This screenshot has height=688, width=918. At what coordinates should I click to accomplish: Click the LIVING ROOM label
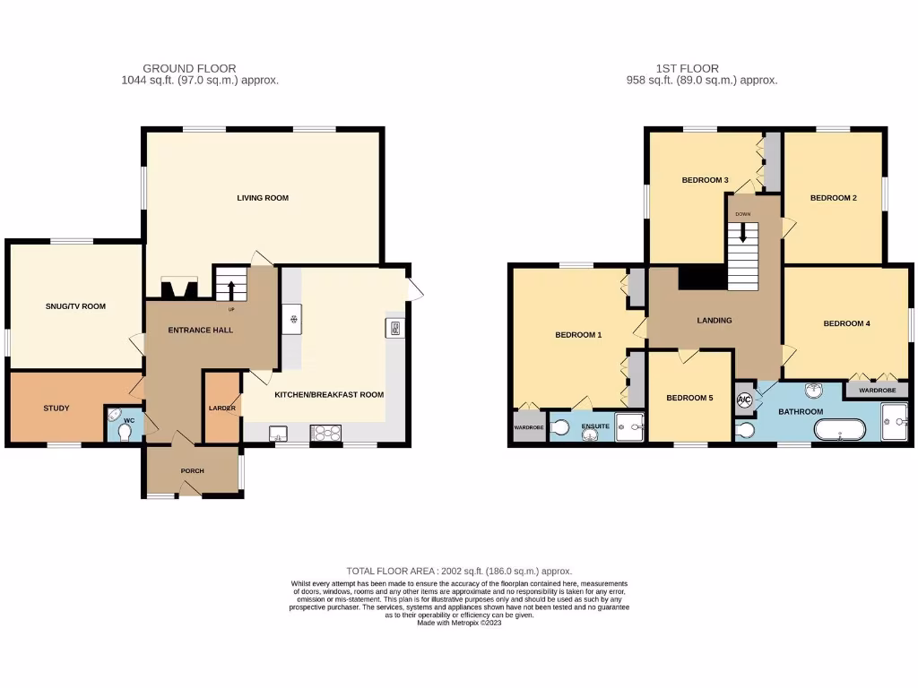[x=263, y=198]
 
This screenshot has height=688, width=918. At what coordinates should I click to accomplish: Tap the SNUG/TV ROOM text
[x=75, y=306]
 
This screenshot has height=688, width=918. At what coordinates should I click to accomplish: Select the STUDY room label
[x=56, y=408]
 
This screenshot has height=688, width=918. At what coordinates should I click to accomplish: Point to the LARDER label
[x=221, y=408]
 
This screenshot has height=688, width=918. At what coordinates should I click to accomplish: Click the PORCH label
[x=193, y=470]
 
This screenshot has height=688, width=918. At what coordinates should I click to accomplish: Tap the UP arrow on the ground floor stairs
[x=231, y=289]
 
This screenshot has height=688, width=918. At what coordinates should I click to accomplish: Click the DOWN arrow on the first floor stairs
[x=742, y=233]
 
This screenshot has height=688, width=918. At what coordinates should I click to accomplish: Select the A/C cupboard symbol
[x=743, y=400]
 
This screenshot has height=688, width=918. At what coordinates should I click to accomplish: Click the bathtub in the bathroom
[x=839, y=430]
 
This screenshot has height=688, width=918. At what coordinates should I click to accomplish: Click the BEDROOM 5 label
[x=688, y=398]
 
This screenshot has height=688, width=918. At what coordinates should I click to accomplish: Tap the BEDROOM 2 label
[x=834, y=198]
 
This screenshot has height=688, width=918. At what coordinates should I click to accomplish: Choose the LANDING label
[x=714, y=320]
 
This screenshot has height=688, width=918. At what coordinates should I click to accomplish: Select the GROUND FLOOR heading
[x=190, y=68]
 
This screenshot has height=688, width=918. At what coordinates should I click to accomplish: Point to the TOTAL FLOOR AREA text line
[x=459, y=571]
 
